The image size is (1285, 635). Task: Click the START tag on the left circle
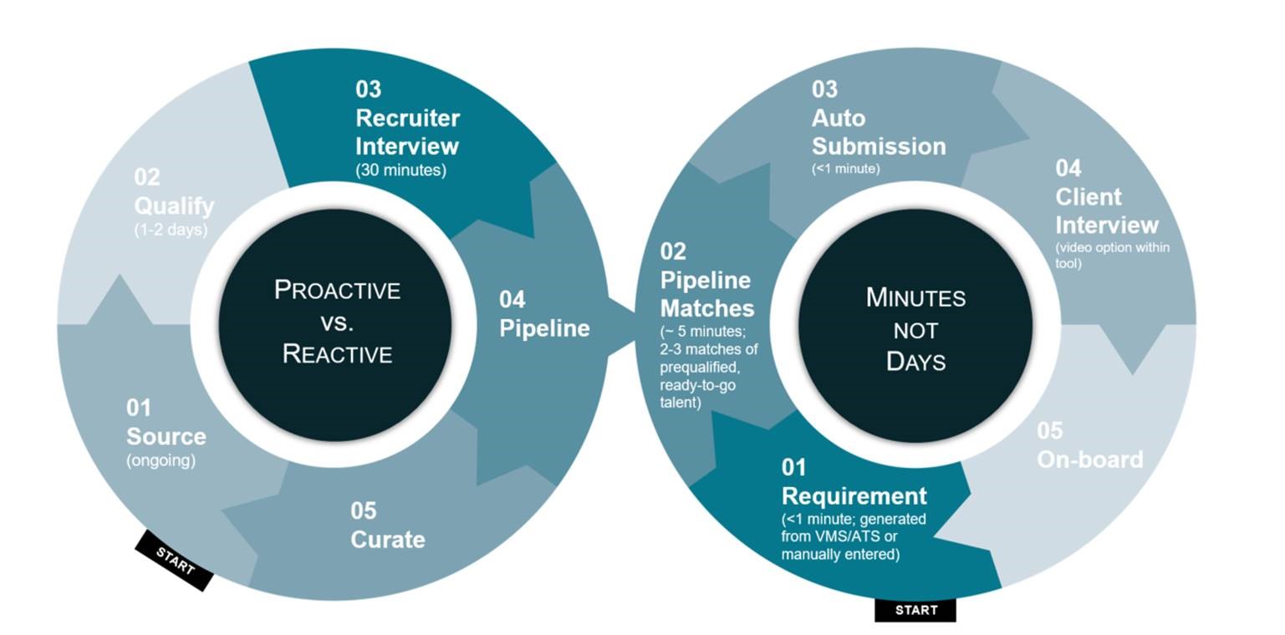point(175,561)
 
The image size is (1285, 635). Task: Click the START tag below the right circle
point(915,610)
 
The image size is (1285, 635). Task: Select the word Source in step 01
point(166,436)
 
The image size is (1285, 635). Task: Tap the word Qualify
point(174,206)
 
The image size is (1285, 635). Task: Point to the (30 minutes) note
point(401,170)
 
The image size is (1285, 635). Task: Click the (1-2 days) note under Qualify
point(171,230)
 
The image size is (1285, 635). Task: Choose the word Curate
point(387,539)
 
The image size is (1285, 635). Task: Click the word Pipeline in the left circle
point(544,328)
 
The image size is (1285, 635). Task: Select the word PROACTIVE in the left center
point(337,290)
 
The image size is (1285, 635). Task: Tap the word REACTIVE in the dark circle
point(337,353)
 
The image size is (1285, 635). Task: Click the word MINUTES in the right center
point(915,297)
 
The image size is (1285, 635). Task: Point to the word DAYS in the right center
point(915,362)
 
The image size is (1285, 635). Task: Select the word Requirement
point(854,496)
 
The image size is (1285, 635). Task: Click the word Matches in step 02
point(707,308)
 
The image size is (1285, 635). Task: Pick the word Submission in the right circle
point(878,146)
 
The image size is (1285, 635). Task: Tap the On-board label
point(1089,460)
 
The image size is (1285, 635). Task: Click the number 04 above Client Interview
point(1068,168)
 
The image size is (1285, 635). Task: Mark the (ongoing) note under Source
point(161,460)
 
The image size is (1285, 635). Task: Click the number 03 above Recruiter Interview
point(368,89)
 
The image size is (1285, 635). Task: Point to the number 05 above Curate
point(363,511)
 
